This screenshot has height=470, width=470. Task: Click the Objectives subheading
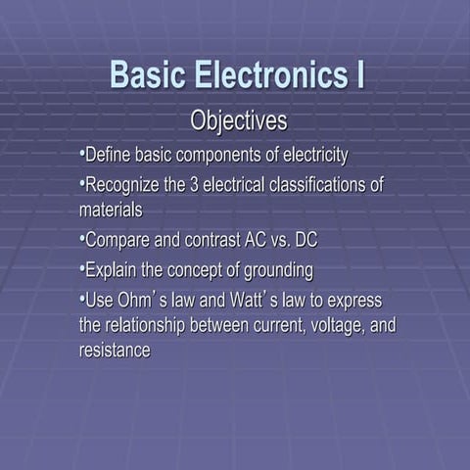pos(238,122)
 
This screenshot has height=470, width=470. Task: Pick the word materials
pos(111,209)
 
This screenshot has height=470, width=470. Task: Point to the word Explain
pos(113,269)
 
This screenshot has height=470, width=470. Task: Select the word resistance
pos(115,350)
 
